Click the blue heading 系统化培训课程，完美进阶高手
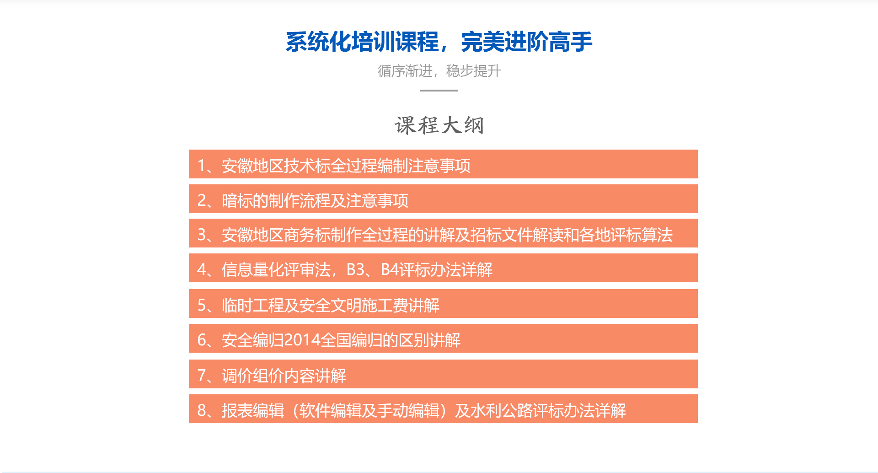pyautogui.click(x=439, y=42)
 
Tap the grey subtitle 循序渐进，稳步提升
pyautogui.click(x=439, y=71)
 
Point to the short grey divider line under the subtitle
pyautogui.click(x=439, y=91)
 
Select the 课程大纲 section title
pyautogui.click(x=439, y=125)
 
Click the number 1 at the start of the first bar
pyautogui.click(x=202, y=166)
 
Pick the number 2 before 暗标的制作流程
pyautogui.click(x=202, y=200)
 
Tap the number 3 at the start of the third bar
pyautogui.click(x=202, y=235)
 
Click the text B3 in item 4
pyautogui.click(x=355, y=270)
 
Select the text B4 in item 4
pyautogui.click(x=390, y=270)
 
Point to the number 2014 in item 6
pyautogui.click(x=302, y=340)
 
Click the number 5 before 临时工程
pyautogui.click(x=202, y=305)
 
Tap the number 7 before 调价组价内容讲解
pyautogui.click(x=202, y=376)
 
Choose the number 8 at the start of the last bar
pyautogui.click(x=202, y=410)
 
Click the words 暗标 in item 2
pyautogui.click(x=237, y=200)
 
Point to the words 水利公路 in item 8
pyautogui.click(x=502, y=410)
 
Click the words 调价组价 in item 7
pyautogui.click(x=253, y=376)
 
